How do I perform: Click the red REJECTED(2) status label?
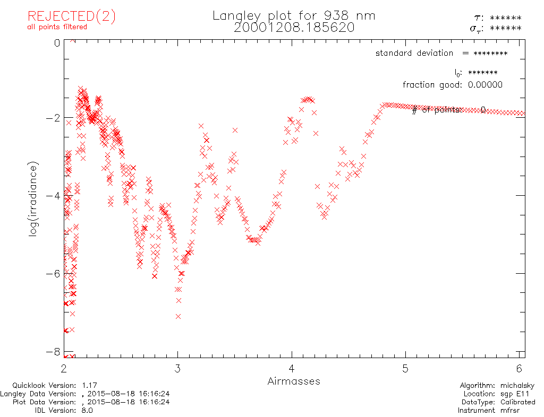tap(72, 16)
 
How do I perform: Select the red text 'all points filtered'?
tap(57, 27)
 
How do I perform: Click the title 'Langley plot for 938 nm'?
tap(294, 16)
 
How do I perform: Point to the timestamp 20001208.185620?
tap(294, 28)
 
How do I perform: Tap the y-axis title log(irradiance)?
tap(34, 199)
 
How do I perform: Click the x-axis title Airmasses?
tap(294, 381)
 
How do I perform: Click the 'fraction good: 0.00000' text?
tap(452, 85)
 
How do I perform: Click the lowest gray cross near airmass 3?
tap(178, 317)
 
